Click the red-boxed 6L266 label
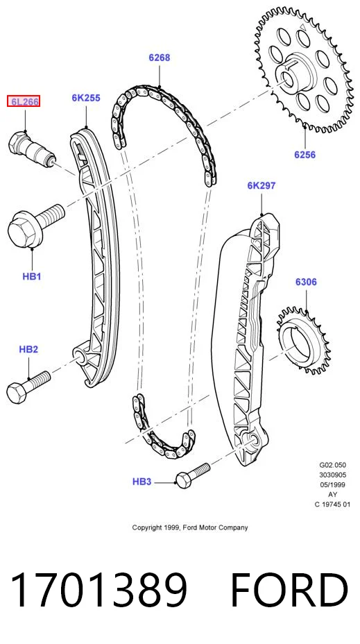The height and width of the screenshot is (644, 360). click(x=24, y=101)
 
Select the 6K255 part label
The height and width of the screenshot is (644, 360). click(x=86, y=98)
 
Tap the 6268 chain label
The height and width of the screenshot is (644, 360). click(x=160, y=58)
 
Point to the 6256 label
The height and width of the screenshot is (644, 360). click(x=305, y=155)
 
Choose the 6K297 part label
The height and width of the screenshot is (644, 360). click(x=261, y=186)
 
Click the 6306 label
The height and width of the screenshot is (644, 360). click(x=306, y=282)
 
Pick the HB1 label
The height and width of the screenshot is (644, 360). click(x=32, y=276)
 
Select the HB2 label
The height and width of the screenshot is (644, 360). click(x=28, y=350)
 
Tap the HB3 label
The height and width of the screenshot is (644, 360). click(x=142, y=482)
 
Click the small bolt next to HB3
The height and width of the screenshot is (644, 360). click(x=193, y=475)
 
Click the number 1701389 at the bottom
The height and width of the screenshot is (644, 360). click(x=98, y=590)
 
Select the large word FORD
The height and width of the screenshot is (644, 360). click(x=289, y=590)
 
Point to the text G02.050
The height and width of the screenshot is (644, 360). click(x=332, y=466)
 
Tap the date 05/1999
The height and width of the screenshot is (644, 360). click(x=332, y=484)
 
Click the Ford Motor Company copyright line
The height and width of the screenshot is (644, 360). click(x=190, y=527)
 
